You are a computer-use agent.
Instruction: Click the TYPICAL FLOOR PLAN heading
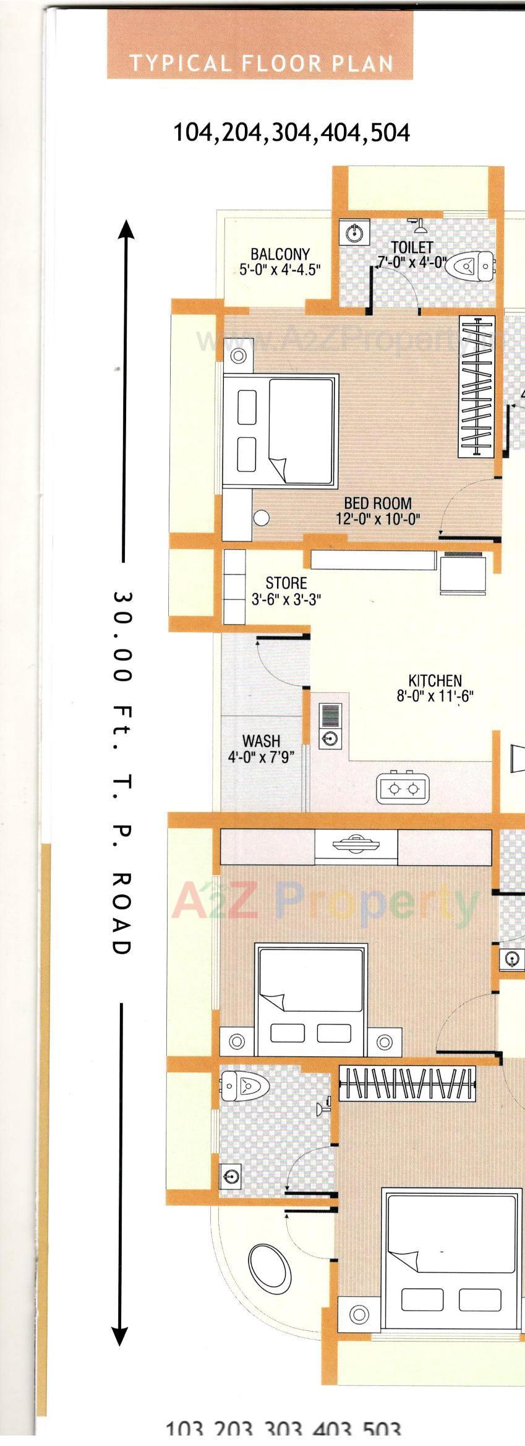[260, 64]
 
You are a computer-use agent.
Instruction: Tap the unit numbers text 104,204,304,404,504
[291, 132]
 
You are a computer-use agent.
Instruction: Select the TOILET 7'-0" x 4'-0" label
[411, 255]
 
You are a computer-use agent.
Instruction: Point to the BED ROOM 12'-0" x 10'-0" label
[378, 511]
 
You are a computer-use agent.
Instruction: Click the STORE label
[286, 591]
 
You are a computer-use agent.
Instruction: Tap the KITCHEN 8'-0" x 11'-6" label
[435, 688]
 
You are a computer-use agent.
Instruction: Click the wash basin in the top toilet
[354, 233]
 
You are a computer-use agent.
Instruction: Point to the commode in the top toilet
[471, 267]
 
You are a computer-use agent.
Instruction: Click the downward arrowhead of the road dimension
[120, 1335]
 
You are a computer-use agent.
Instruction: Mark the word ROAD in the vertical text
[121, 913]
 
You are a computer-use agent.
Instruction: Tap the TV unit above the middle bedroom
[356, 846]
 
